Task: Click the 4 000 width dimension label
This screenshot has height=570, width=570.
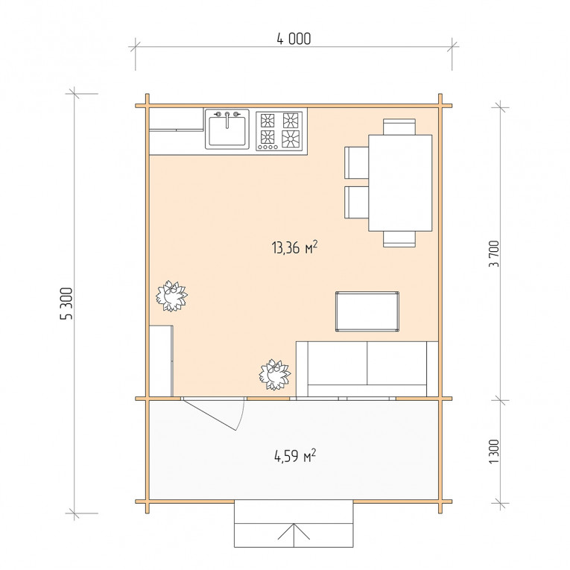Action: tap(294, 39)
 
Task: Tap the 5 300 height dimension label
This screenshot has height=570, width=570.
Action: tap(66, 303)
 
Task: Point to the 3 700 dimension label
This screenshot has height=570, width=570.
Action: tap(494, 254)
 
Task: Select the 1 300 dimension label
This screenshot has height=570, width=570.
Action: tap(494, 452)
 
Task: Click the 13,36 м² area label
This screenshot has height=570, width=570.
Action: tap(294, 247)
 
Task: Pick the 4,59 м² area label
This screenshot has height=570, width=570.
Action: tap(295, 455)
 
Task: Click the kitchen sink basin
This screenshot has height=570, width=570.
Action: tap(227, 130)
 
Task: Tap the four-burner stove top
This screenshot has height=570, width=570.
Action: tap(279, 131)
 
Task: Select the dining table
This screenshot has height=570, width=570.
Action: tap(400, 183)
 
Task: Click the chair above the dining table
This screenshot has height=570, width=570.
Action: tap(399, 127)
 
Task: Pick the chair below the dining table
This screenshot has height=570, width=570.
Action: tap(399, 239)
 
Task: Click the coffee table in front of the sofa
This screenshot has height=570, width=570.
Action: tap(367, 311)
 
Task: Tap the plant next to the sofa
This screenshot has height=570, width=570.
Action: tap(274, 375)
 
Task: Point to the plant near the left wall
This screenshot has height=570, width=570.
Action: tap(171, 296)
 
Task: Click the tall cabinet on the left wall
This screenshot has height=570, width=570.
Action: tap(161, 361)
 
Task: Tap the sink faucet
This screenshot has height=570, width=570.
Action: tap(227, 120)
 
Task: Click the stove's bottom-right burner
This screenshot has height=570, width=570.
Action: tap(291, 139)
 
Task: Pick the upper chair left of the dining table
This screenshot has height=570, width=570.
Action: tap(357, 162)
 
